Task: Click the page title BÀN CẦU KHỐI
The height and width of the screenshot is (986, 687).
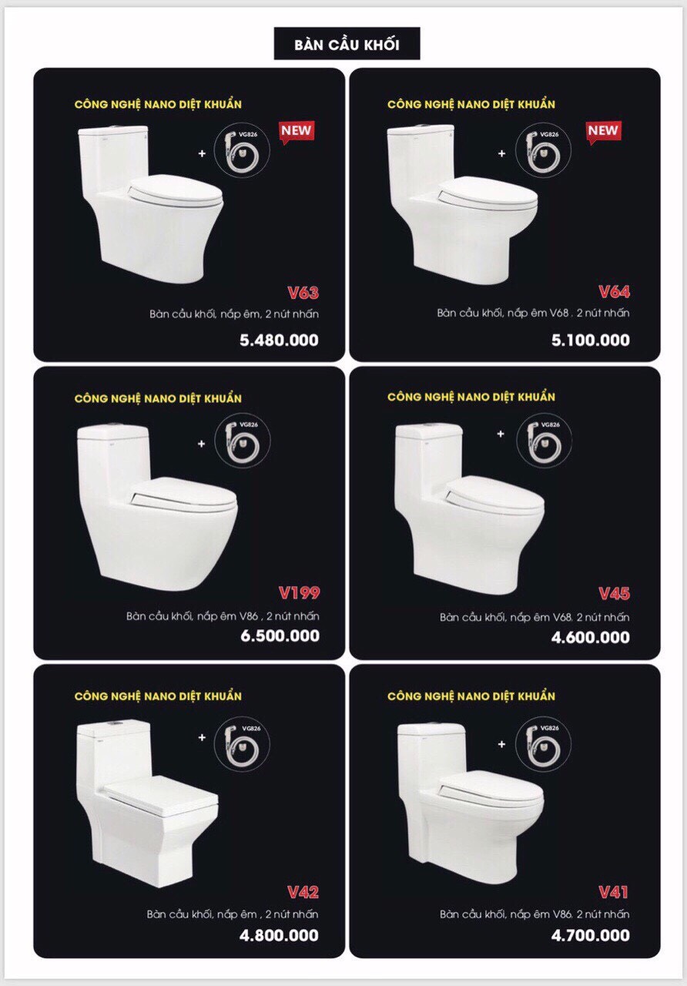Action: [x=347, y=45]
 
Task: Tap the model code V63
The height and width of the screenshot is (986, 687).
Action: [x=303, y=292]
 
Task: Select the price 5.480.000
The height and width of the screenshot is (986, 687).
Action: [x=279, y=340]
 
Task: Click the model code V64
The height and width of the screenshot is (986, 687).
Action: [x=614, y=291]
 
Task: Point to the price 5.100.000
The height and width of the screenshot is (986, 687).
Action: [x=591, y=340]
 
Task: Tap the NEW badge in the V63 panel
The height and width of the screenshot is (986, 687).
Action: [x=297, y=132]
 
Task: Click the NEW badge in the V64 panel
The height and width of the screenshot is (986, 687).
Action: [x=604, y=132]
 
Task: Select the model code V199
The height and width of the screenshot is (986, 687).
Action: [x=300, y=593]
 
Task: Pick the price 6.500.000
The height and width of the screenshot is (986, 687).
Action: [x=280, y=636]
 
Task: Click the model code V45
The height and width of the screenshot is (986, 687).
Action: [x=614, y=594]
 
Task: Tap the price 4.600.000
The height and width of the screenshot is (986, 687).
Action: [x=591, y=637]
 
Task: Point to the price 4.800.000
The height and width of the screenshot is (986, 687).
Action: [x=279, y=935]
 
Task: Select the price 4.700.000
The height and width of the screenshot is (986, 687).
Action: [x=591, y=935]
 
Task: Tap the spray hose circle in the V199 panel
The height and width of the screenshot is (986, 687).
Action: [x=242, y=440]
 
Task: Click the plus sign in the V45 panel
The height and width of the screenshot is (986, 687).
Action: [x=501, y=434]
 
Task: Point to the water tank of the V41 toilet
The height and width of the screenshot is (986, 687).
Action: [x=432, y=756]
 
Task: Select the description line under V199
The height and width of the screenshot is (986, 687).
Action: [x=223, y=615]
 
